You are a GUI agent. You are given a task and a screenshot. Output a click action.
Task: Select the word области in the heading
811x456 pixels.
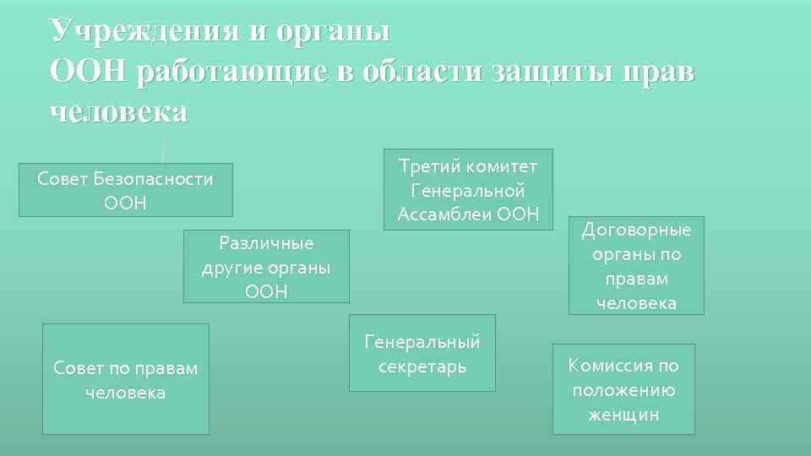[422, 71]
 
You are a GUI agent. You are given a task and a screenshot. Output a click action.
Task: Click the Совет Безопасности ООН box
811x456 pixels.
[126, 190]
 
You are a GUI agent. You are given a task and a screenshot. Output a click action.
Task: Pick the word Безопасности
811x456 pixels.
[153, 179]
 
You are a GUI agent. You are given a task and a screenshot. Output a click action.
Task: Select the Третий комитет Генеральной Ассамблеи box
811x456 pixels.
[468, 190]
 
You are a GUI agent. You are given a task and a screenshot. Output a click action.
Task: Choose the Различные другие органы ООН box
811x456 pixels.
[266, 267]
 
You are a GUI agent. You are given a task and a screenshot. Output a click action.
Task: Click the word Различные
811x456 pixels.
[266, 243]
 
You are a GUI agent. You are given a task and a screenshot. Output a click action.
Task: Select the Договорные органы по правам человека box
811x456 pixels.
[636, 266]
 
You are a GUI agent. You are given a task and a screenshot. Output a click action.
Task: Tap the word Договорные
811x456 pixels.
[636, 231]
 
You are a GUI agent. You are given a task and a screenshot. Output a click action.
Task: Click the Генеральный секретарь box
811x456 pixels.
[422, 354]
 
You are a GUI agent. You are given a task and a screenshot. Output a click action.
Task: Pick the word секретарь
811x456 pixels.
[422, 366]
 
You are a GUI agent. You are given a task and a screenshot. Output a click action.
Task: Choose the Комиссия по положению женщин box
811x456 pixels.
[623, 389]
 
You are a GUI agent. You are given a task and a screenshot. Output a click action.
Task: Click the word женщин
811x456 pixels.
[623, 414]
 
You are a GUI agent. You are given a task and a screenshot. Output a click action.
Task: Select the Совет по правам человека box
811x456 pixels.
[126, 380]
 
